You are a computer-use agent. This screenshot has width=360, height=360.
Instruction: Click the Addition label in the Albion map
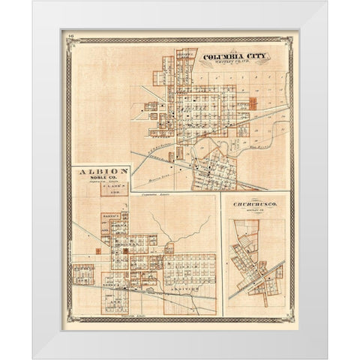coord(188,286)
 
